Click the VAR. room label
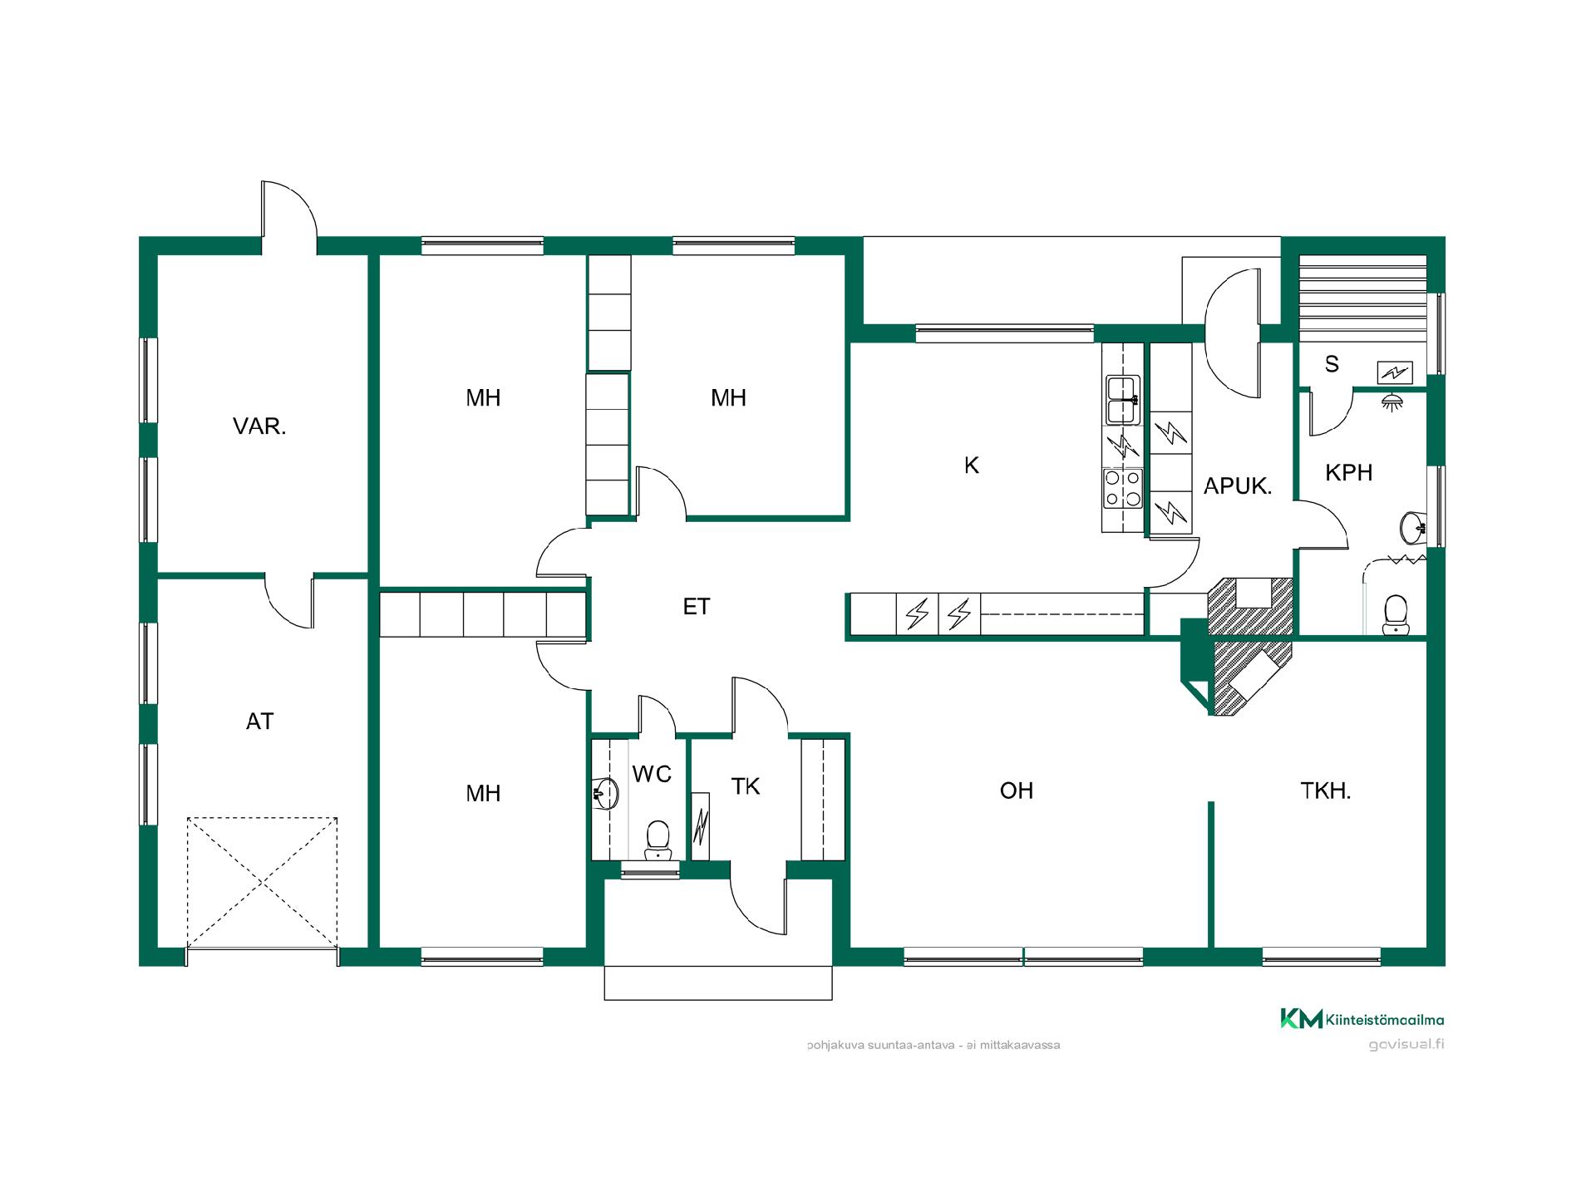point(259,427)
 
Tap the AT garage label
point(259,722)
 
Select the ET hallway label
point(697,607)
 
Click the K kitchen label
point(971,465)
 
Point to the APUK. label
point(1238,486)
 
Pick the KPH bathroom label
point(1348,473)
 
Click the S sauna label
point(1332,364)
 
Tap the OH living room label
point(1016,791)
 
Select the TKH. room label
point(1325,791)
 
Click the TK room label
point(745,786)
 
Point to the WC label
point(652,775)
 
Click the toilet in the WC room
point(658,840)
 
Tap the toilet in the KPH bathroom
point(1395,614)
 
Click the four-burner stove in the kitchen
point(1122,489)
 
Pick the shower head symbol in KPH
point(1390,401)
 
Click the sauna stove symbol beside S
point(1394,372)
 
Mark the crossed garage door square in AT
point(262,882)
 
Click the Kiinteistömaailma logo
point(1362,1019)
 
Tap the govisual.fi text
point(1406,1045)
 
